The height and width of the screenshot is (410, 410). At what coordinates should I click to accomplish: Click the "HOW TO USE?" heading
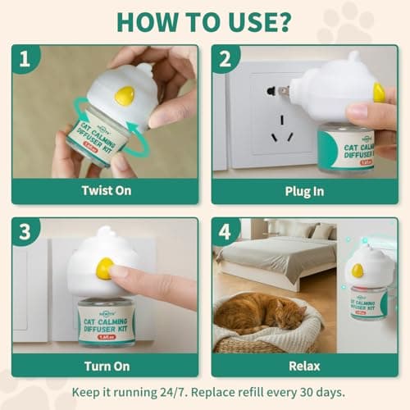coord(205,20)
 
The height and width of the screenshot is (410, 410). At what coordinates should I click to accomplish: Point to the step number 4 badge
coord(225,233)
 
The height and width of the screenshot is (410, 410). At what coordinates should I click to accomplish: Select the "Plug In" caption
coord(305,191)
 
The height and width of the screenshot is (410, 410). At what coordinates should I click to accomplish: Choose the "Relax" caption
coord(305,365)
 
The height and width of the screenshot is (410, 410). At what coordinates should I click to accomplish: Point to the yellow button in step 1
coord(125,96)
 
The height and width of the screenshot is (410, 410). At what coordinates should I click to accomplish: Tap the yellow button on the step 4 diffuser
coord(358,270)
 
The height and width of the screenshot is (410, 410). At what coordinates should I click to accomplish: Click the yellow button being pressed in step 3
coord(104,268)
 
